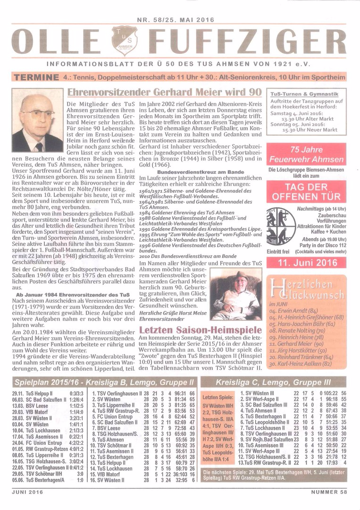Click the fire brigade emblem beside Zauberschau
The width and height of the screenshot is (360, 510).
[x=281, y=227]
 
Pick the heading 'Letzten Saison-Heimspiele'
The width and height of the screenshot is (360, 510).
[x=201, y=329]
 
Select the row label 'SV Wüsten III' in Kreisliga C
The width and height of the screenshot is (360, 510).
[x=258, y=393]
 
